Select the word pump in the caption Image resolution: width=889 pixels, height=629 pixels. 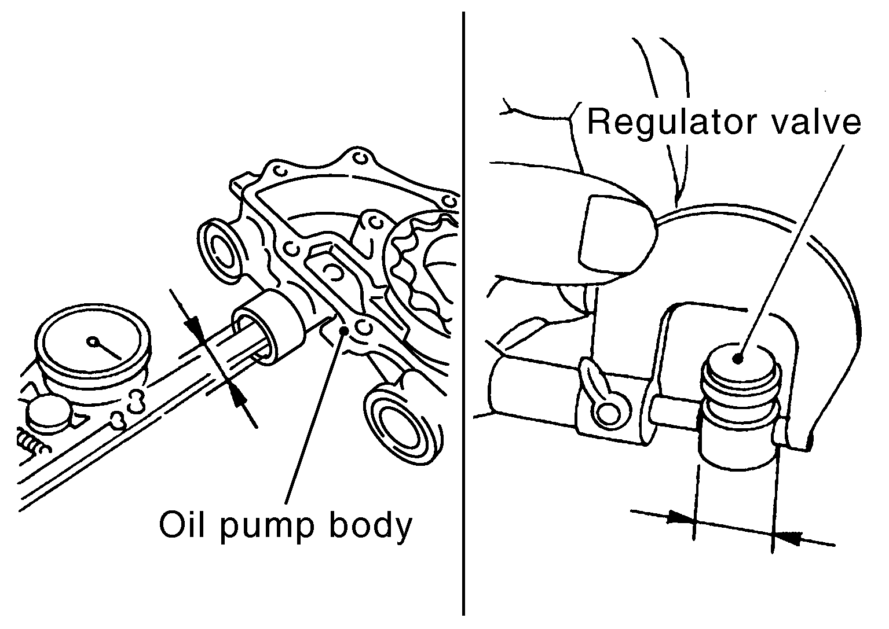pyautogui.click(x=266, y=528)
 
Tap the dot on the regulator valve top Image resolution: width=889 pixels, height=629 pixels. pyautogui.click(x=738, y=358)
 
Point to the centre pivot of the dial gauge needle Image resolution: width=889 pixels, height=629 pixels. pyautogui.click(x=93, y=341)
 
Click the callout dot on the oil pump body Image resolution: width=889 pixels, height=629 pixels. pyautogui.click(x=345, y=330)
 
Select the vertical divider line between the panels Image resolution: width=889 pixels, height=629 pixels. pyautogui.click(x=463, y=313)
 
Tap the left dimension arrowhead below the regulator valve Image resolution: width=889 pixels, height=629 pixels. pyautogui.click(x=682, y=518)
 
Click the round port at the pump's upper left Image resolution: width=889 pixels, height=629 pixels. pyautogui.click(x=219, y=252)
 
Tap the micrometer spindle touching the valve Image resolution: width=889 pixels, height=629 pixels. pyautogui.click(x=674, y=412)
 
